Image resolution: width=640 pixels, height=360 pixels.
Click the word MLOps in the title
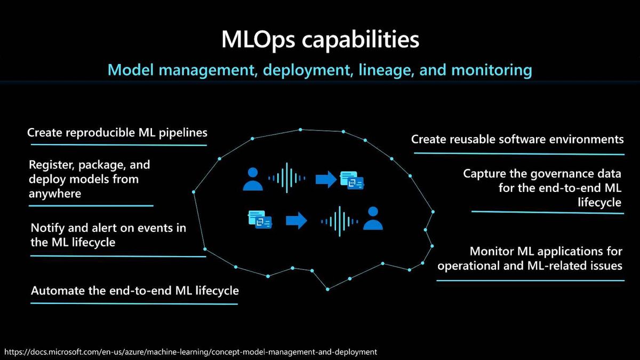[x=258, y=40]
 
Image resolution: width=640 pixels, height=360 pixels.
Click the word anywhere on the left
[x=55, y=194]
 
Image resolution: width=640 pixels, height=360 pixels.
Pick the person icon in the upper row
[x=253, y=179]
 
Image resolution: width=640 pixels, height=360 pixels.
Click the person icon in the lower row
[x=373, y=218]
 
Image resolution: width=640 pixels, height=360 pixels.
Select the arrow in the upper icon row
[x=326, y=179]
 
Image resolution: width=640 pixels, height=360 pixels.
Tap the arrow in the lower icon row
[x=297, y=221]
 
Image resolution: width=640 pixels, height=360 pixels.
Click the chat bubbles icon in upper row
[x=352, y=180]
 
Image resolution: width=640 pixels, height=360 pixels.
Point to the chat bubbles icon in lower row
[x=260, y=219]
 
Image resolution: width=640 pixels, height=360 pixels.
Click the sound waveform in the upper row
[x=286, y=178]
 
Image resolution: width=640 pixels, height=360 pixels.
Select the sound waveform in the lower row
[x=339, y=221]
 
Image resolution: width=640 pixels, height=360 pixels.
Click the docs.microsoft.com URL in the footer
[x=190, y=352]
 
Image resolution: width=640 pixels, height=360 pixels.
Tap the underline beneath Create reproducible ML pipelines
[x=119, y=145]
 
